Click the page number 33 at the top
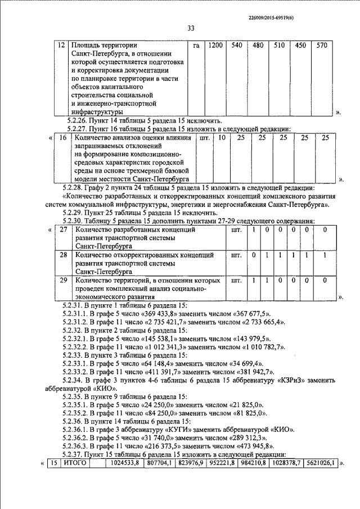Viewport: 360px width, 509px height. (x=190, y=29)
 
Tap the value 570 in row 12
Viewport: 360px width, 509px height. (x=321, y=45)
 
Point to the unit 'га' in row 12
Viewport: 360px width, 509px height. (x=196, y=45)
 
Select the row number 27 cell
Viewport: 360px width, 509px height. (x=64, y=230)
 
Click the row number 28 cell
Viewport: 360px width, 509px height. (x=64, y=255)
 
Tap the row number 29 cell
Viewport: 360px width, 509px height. (x=64, y=280)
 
